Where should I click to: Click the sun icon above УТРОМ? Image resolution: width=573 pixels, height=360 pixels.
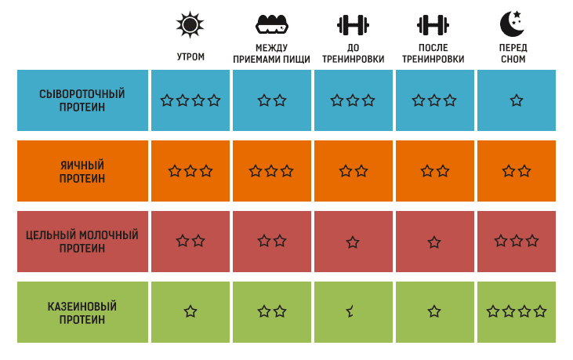point(190,25)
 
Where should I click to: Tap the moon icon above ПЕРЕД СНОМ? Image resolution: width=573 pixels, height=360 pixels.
point(512,25)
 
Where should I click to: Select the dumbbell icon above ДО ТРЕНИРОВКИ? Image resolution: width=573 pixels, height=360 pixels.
point(353,25)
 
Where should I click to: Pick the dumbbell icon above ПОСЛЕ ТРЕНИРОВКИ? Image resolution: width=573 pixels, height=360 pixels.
point(433,25)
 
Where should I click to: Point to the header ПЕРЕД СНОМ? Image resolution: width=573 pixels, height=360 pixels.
point(513,54)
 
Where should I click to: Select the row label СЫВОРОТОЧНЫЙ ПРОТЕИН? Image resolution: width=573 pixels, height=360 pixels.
point(82,100)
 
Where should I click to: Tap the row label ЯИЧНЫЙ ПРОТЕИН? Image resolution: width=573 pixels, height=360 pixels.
point(82,171)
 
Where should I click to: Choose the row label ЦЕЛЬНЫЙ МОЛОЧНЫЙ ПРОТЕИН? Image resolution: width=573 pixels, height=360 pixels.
point(82,242)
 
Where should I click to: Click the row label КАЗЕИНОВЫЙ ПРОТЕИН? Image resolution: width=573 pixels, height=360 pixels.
point(82,312)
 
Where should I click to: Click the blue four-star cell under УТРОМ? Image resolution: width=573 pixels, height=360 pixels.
point(190,100)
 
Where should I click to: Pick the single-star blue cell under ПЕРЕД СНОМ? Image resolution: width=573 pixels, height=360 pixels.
point(516,100)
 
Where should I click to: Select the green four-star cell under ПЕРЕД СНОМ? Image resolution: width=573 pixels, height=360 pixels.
point(516,311)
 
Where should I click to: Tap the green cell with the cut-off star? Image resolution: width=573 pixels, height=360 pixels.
point(352,311)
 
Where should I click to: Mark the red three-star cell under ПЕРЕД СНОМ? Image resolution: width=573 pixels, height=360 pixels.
point(516,241)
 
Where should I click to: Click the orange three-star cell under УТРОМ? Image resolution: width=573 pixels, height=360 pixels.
point(190,171)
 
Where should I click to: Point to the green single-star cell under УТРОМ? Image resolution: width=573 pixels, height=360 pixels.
point(190,311)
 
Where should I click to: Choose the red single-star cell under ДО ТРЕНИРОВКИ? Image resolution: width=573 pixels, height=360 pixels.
point(353,242)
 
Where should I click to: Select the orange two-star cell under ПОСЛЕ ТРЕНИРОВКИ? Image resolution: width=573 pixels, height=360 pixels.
point(434,171)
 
